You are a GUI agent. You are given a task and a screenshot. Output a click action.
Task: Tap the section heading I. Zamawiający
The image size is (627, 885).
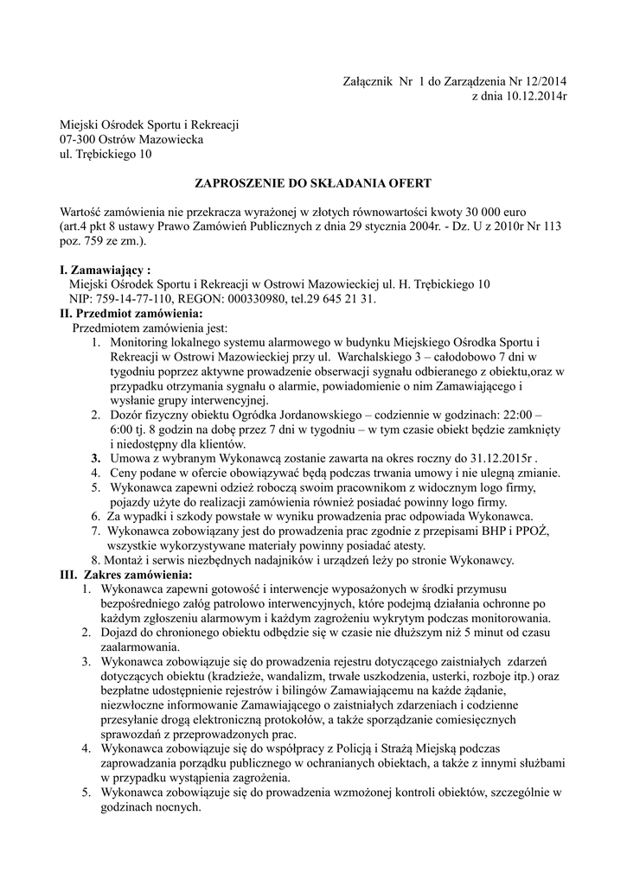105,271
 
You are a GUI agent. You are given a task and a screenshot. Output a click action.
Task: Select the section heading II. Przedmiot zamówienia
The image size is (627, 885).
131,314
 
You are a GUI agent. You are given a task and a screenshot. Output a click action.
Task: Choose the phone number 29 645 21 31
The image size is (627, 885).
344,299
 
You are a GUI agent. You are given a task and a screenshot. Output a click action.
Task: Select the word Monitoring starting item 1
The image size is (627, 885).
140,343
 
